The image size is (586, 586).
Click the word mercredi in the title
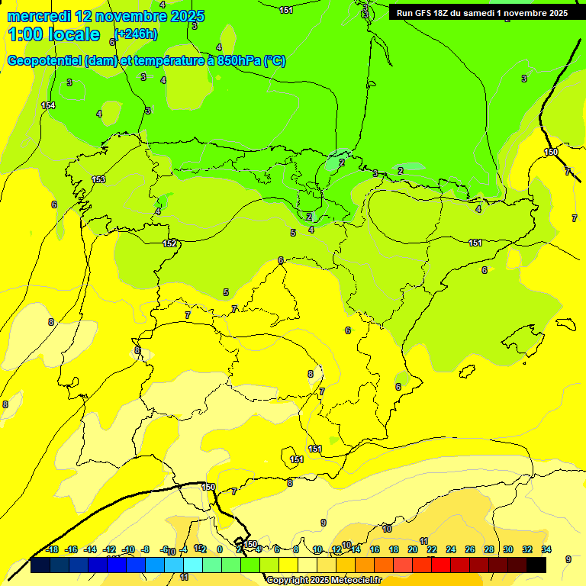click(40, 15)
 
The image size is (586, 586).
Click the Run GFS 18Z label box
click(481, 13)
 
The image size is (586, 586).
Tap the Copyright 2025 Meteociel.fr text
click(324, 581)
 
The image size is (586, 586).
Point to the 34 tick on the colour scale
click(546, 549)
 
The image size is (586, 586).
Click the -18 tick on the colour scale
click(52, 549)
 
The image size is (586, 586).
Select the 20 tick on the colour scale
click(413, 549)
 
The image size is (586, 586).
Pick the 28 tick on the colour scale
click(488, 549)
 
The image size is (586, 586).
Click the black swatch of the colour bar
click(536, 565)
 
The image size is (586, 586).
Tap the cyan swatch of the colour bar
click(193, 565)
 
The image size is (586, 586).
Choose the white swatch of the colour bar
click(307, 565)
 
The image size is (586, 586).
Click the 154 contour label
click(48, 105)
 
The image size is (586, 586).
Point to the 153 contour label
click(98, 179)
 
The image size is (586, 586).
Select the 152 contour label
click(169, 243)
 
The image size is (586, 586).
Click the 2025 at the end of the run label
click(556, 13)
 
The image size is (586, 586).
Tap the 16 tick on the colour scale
click(375, 549)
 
